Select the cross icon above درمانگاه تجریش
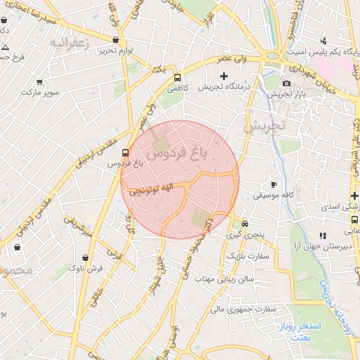tap(224, 76)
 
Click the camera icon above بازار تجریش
tap(286, 83)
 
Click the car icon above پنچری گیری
tap(244, 224)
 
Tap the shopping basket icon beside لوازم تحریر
tap(115, 40)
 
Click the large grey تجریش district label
tap(266, 127)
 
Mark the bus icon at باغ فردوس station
tap(125, 152)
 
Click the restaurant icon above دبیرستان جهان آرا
tap(323, 236)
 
